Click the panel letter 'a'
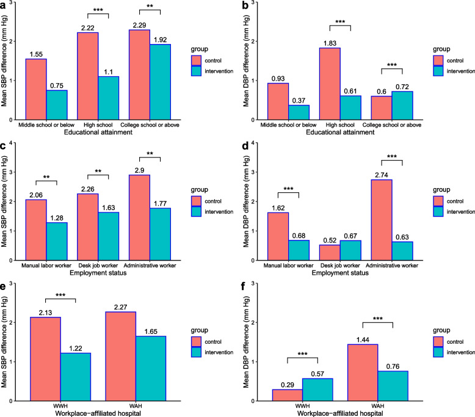point(4,5)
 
